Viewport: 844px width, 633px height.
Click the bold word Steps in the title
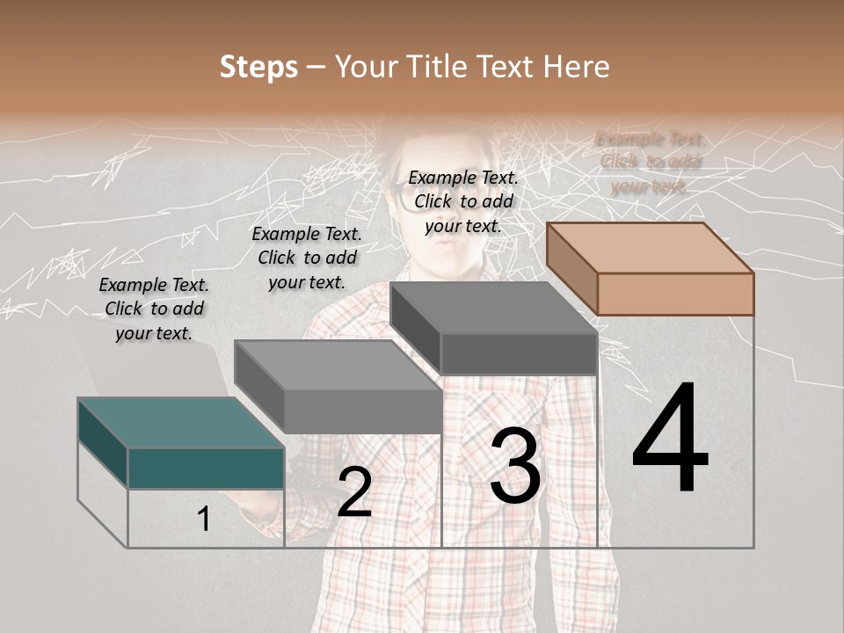click(x=258, y=67)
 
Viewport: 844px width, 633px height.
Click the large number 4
click(x=670, y=440)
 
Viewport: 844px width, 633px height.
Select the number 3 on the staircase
click(x=515, y=467)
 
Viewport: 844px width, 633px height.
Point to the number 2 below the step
click(x=354, y=493)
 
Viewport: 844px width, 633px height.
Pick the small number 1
click(x=204, y=520)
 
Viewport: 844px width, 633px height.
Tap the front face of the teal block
click(x=206, y=468)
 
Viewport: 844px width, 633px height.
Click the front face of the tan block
click(x=675, y=294)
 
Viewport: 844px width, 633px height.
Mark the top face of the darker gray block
click(x=493, y=308)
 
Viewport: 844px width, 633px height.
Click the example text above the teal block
click(x=154, y=309)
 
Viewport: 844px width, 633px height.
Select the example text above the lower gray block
click(x=307, y=258)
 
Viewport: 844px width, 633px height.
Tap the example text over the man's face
click(x=463, y=201)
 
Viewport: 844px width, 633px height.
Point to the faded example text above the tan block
click(x=650, y=162)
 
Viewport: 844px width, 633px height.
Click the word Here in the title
click(x=576, y=67)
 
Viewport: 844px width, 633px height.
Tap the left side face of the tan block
click(x=571, y=266)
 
